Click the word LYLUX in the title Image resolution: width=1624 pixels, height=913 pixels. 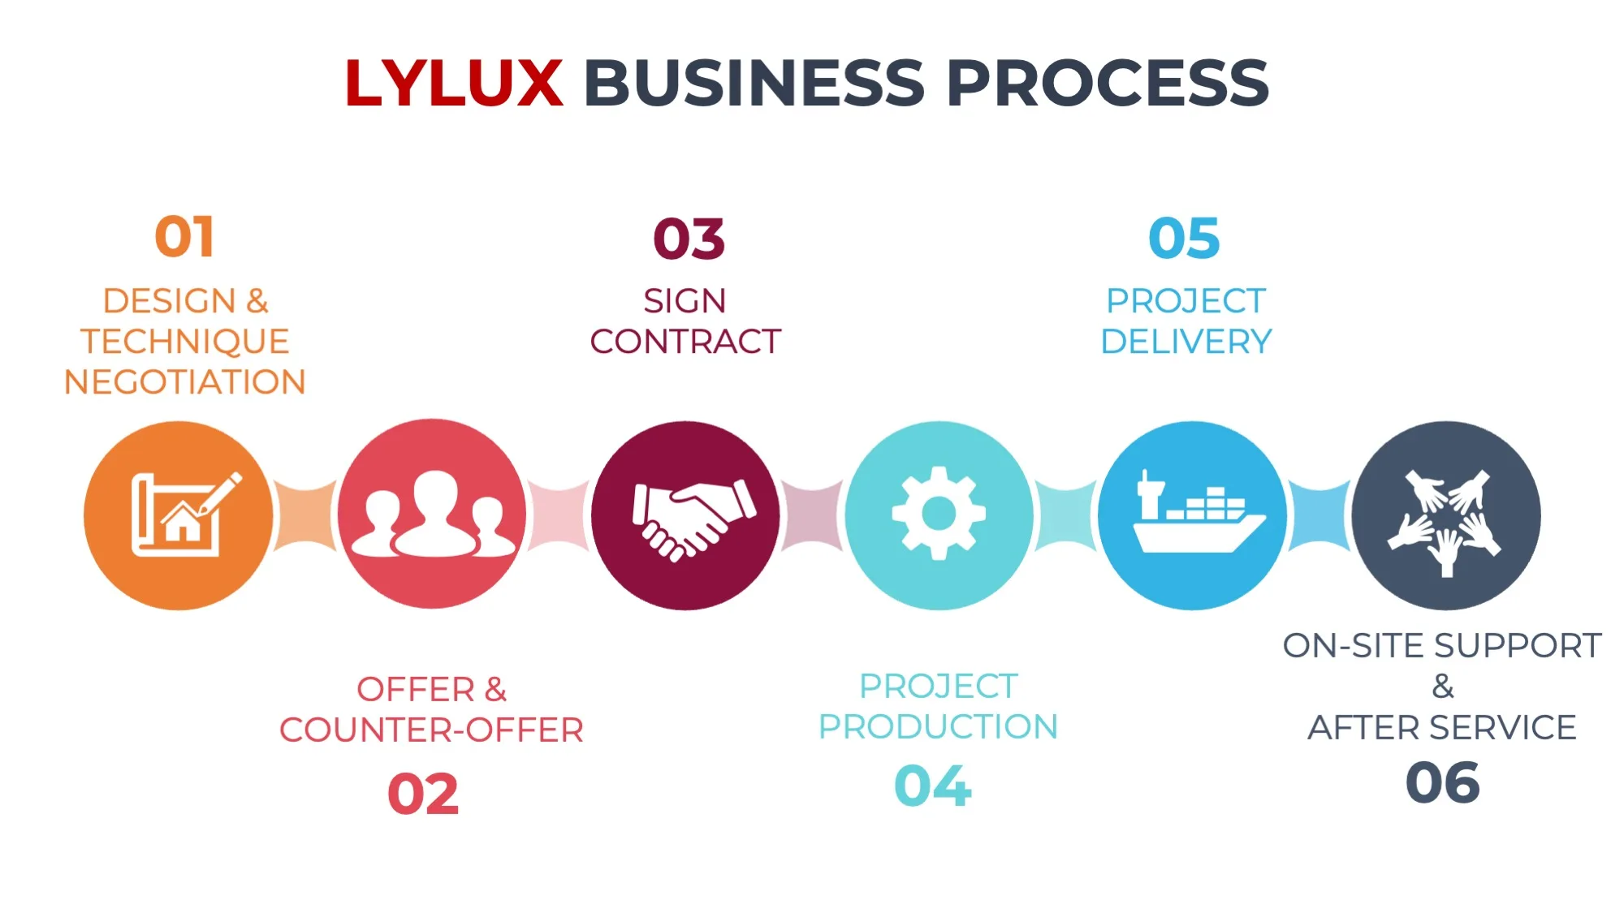(x=453, y=83)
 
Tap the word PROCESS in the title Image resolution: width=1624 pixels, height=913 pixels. (x=1107, y=83)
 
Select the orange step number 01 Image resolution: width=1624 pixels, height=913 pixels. (x=185, y=237)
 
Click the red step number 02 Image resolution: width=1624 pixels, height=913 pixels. (x=423, y=794)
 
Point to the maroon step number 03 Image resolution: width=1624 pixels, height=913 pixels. (x=689, y=239)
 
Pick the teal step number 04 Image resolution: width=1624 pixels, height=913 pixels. (x=932, y=786)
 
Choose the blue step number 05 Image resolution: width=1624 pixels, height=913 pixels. (x=1184, y=239)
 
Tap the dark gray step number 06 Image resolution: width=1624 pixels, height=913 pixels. (x=1442, y=783)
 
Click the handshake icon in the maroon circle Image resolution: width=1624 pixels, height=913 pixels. (x=692, y=518)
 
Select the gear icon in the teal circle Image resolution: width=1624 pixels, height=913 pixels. (x=939, y=513)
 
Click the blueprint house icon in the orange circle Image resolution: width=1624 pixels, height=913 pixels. (x=185, y=515)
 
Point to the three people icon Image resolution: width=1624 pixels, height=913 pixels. (x=434, y=515)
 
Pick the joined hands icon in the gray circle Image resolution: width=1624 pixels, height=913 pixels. (x=1445, y=519)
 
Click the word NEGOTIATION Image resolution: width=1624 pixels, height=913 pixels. (x=185, y=382)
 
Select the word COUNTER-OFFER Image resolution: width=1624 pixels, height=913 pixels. (x=431, y=730)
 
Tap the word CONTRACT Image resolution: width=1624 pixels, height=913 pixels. (x=685, y=342)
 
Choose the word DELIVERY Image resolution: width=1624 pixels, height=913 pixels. (x=1186, y=342)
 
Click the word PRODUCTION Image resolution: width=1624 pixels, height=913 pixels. (x=938, y=727)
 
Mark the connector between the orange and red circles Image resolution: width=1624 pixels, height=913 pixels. (x=305, y=515)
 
